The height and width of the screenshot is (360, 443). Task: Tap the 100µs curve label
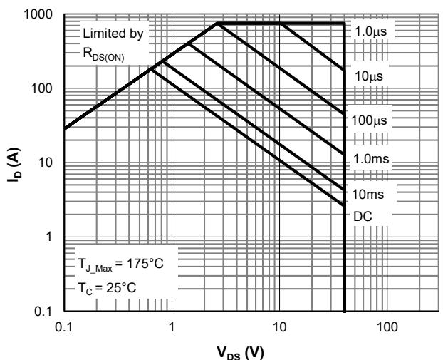pyautogui.click(x=370, y=120)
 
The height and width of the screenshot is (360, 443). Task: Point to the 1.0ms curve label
pyautogui.click(x=370, y=159)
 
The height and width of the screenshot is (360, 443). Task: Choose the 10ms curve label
pyautogui.click(x=368, y=193)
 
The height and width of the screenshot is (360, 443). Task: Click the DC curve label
pyautogui.click(x=362, y=214)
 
